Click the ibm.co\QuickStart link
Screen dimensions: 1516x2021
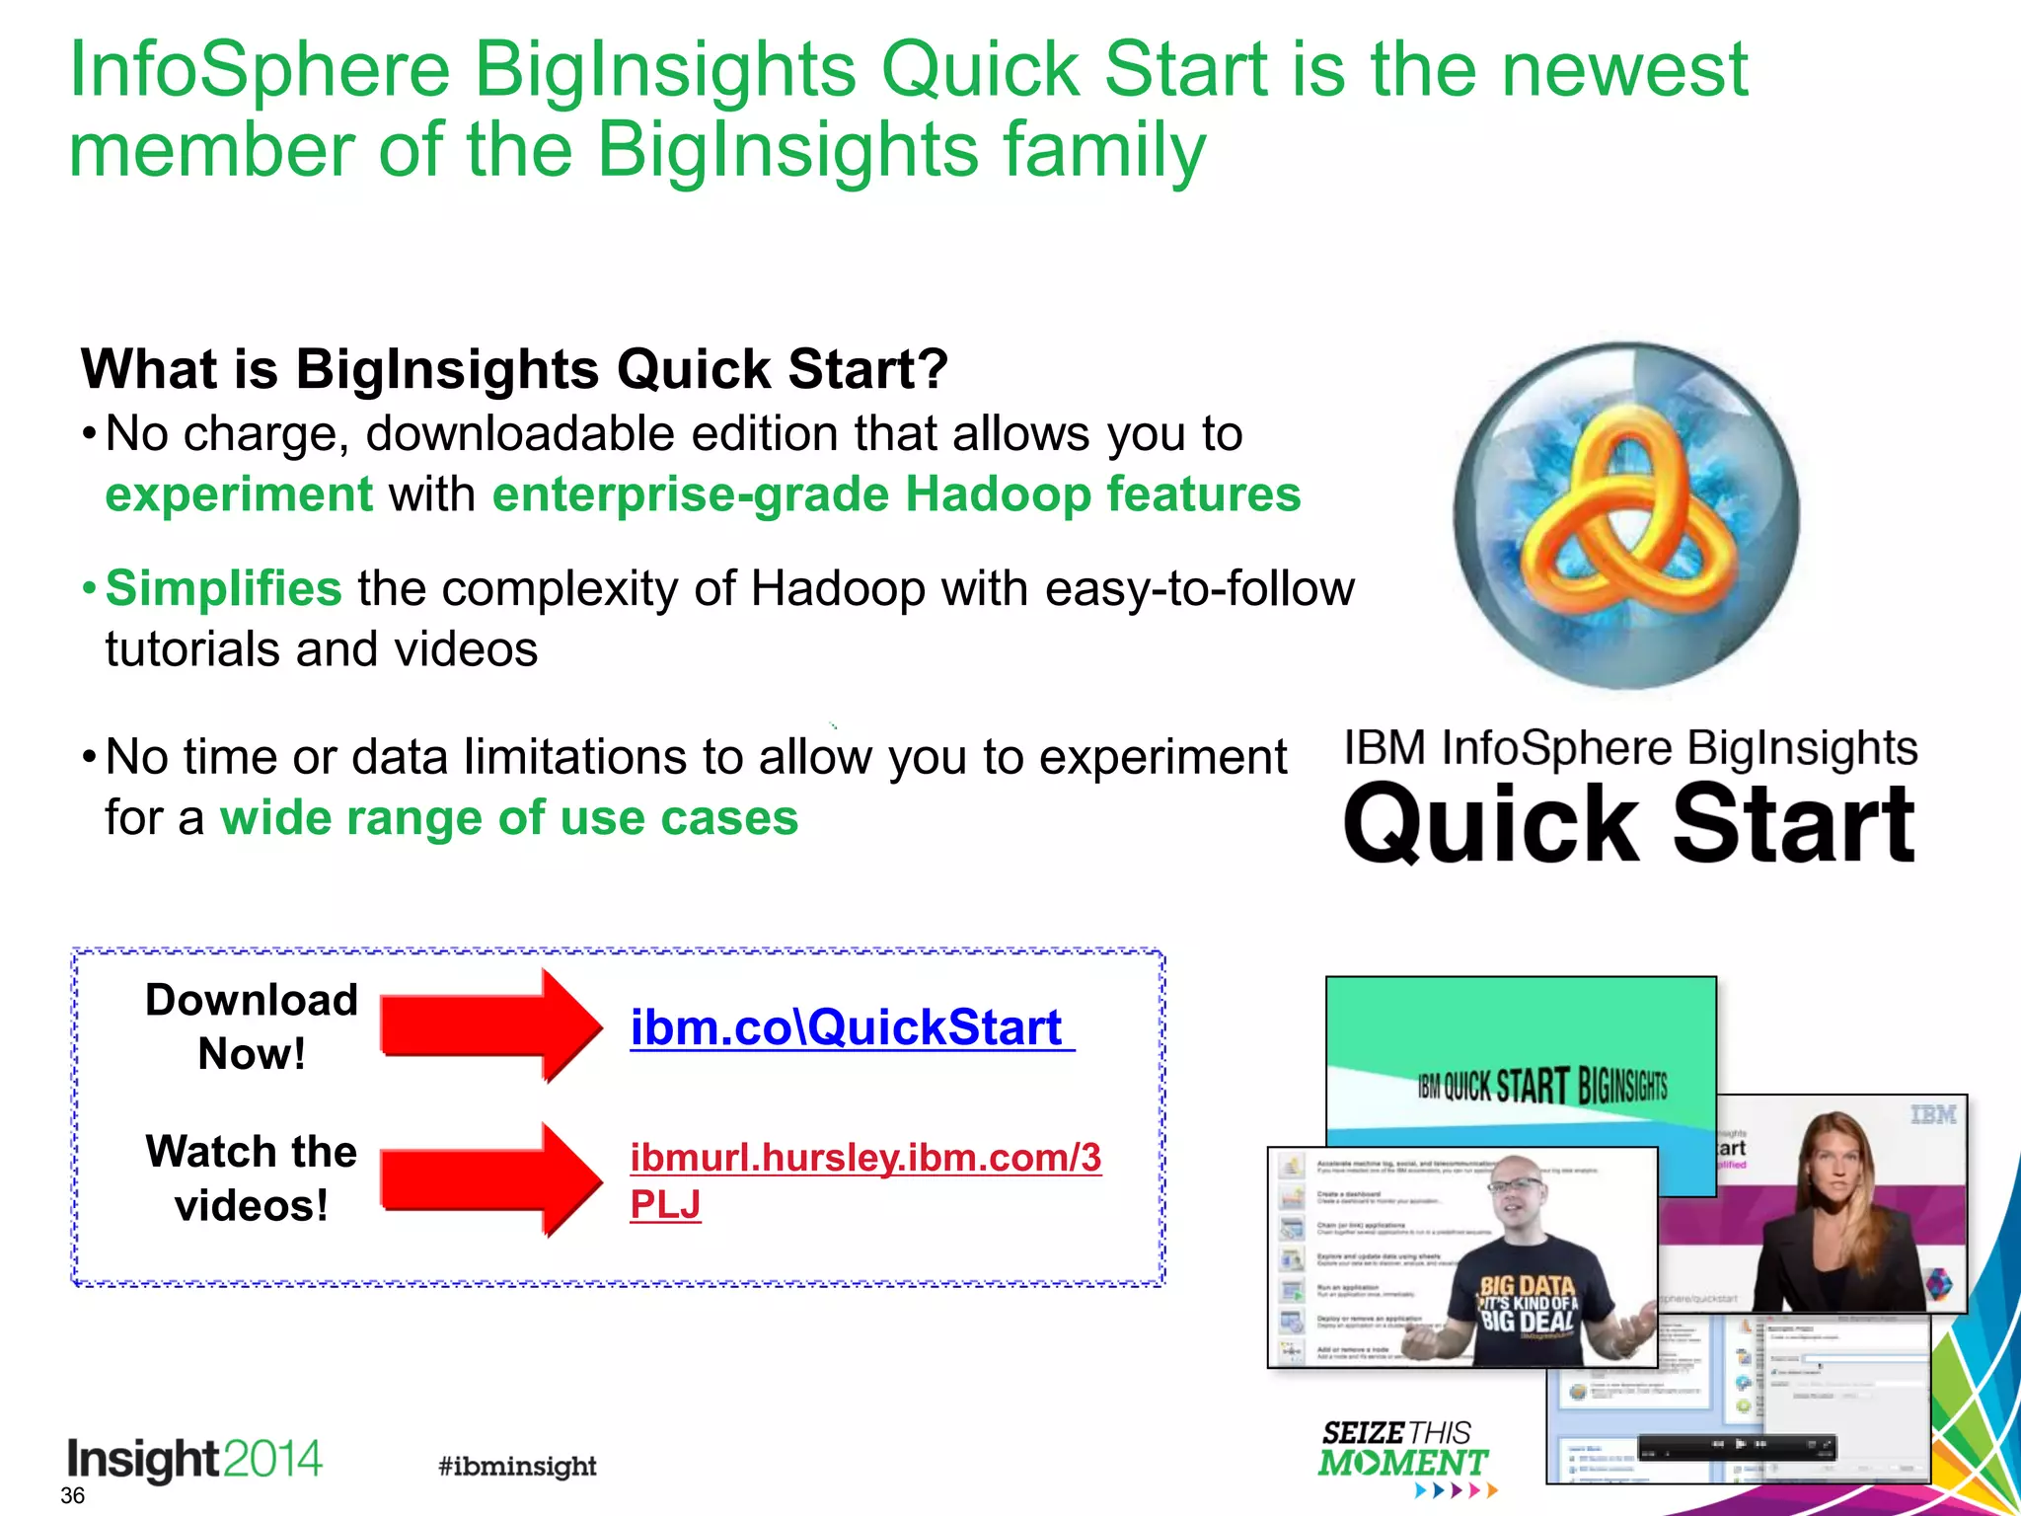[x=847, y=1027]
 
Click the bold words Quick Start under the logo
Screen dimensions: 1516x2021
[x=1628, y=824]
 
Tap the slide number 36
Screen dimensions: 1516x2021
[x=72, y=1495]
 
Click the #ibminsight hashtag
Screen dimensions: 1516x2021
[x=517, y=1466]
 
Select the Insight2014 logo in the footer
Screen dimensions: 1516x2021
[x=194, y=1459]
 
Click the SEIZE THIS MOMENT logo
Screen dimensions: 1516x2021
[x=1401, y=1451]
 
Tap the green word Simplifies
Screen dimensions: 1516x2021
[x=223, y=588]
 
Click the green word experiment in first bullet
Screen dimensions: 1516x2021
[x=239, y=493]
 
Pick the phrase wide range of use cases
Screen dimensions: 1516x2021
[x=508, y=818]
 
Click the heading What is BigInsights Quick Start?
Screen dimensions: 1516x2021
[x=513, y=369]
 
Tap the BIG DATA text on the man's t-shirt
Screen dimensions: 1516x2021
[x=1528, y=1284]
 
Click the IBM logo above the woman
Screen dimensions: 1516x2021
[x=1932, y=1115]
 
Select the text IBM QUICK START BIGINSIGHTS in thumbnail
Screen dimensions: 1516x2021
[x=1541, y=1086]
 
